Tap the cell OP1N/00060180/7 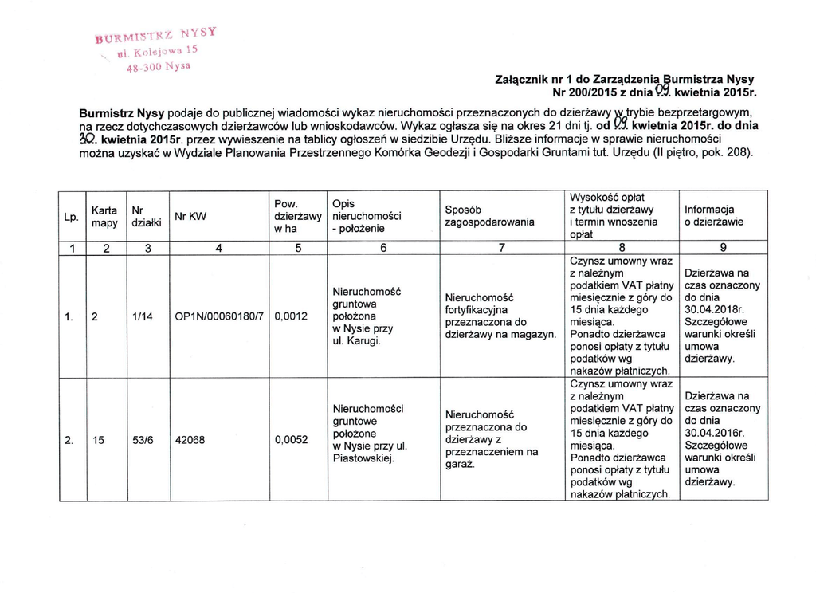[220, 316]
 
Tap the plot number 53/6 [143, 439]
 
